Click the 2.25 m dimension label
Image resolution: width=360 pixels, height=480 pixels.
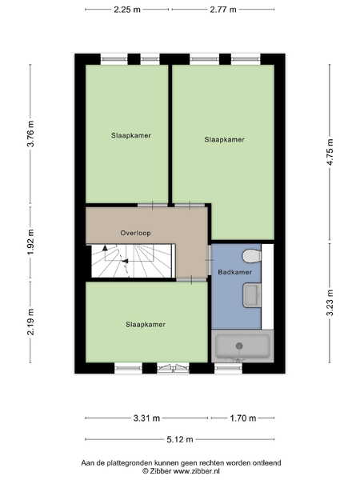pyautogui.click(x=127, y=10)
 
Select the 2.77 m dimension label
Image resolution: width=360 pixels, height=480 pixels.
pyautogui.click(x=223, y=10)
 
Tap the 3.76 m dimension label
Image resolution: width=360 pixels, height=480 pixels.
pyautogui.click(x=31, y=134)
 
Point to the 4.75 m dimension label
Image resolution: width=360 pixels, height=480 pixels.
pyautogui.click(x=330, y=152)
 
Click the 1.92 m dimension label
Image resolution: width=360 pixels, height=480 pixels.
pyautogui.click(x=31, y=242)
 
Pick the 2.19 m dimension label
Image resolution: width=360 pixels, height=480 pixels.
pyautogui.click(x=31, y=322)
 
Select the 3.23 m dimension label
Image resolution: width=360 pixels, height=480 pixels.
pyautogui.click(x=330, y=302)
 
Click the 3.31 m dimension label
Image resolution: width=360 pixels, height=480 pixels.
pyautogui.click(x=146, y=418)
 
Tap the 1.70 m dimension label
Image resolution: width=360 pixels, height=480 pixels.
pyautogui.click(x=243, y=418)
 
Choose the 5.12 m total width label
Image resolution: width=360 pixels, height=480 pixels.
pyautogui.click(x=180, y=439)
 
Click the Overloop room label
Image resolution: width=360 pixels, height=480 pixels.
pyautogui.click(x=136, y=233)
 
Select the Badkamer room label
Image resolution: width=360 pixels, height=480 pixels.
pyautogui.click(x=234, y=272)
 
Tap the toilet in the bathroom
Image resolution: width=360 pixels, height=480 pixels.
pyautogui.click(x=252, y=256)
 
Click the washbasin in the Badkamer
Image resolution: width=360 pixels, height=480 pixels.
pyautogui.click(x=252, y=295)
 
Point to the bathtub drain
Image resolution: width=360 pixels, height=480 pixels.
pyautogui.click(x=239, y=346)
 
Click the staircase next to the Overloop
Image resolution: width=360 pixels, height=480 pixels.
pyautogui.click(x=134, y=261)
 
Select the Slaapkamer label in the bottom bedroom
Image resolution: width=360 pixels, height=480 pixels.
pyautogui.click(x=146, y=324)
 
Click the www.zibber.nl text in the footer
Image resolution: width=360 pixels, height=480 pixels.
pyautogui.click(x=197, y=471)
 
